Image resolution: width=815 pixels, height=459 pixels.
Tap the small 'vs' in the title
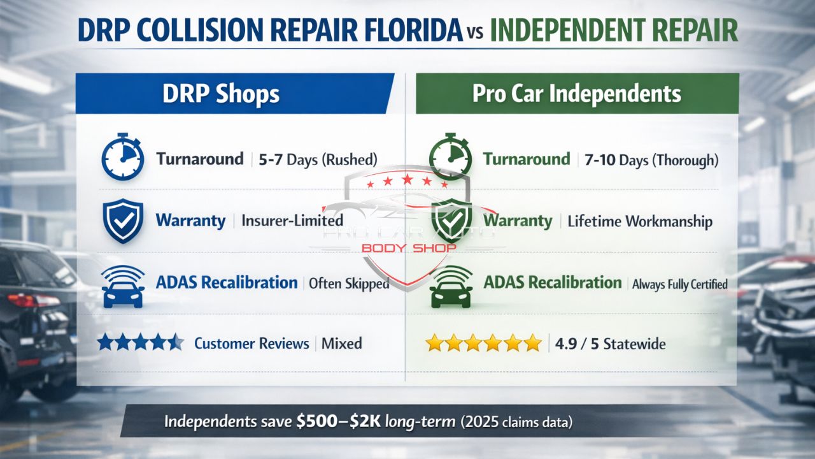click(474, 33)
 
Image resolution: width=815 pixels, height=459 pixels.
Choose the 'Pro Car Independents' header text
click(577, 94)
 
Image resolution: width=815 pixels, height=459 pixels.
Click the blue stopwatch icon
click(121, 159)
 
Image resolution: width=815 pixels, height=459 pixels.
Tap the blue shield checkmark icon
click(122, 221)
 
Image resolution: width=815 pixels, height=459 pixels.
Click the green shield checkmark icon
click(451, 221)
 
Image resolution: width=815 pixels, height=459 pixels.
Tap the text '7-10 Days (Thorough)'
click(651, 159)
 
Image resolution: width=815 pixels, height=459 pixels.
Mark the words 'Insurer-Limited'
click(292, 221)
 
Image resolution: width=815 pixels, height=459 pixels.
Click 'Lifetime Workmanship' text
click(639, 221)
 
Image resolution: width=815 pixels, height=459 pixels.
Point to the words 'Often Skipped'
click(348, 284)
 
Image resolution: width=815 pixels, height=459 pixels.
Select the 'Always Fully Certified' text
click(679, 284)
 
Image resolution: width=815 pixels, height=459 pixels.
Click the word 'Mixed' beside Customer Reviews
click(341, 344)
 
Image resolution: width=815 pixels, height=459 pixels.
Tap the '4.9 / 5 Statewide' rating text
click(610, 344)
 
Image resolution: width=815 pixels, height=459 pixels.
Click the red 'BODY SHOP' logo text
click(408, 247)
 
